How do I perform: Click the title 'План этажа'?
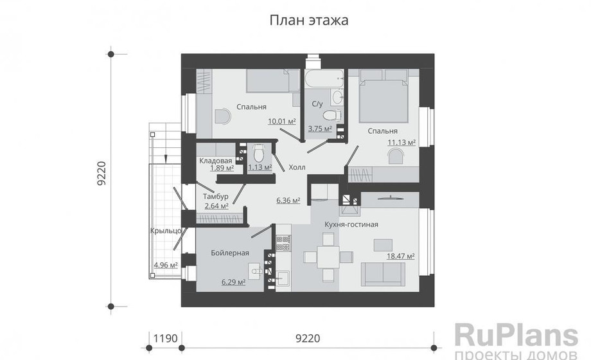[x=309, y=20]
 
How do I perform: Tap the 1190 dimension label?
[x=165, y=338]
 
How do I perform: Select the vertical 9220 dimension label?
[x=101, y=174]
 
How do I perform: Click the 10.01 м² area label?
[x=281, y=121]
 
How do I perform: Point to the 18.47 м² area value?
[x=401, y=256]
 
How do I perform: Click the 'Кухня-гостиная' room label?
[x=351, y=224]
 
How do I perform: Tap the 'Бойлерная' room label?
[x=230, y=253]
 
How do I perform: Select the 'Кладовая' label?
[x=216, y=161]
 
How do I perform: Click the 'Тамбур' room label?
[x=216, y=197]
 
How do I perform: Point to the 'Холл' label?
[x=297, y=167]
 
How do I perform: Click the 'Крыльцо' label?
[x=166, y=231]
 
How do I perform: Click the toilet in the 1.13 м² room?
[x=258, y=152]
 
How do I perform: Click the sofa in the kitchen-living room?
[x=383, y=274]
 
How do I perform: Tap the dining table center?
[x=328, y=257]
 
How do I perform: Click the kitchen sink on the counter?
[x=283, y=280]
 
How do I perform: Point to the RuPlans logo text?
[x=516, y=336]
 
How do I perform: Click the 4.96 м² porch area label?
[x=166, y=265]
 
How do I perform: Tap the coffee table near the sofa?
[x=383, y=245]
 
